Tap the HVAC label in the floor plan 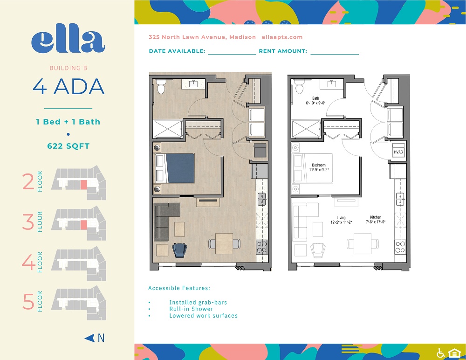pyautogui.click(x=398, y=152)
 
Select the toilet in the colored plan pyautogui.click(x=161, y=86)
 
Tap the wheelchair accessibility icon pyautogui.click(x=440, y=353)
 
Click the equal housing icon pyautogui.click(x=453, y=353)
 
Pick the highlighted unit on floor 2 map pyautogui.click(x=83, y=184)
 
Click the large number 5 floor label pyautogui.click(x=28, y=301)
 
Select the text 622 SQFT pyautogui.click(x=68, y=146)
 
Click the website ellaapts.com pyautogui.click(x=282, y=37)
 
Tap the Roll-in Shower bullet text pyautogui.click(x=191, y=309)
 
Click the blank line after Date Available pyautogui.click(x=232, y=52)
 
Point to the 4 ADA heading pyautogui.click(x=68, y=87)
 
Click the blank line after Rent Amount pyautogui.click(x=334, y=52)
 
